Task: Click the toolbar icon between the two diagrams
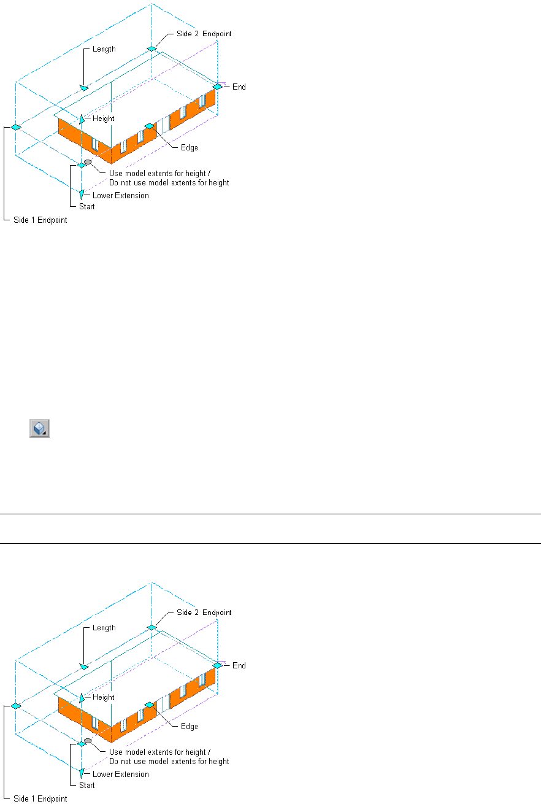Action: tap(39, 428)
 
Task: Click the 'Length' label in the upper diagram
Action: tap(104, 49)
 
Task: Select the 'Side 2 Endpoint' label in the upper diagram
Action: tap(204, 33)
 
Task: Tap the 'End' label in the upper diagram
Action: tap(239, 87)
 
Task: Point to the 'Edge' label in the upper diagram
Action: tap(189, 148)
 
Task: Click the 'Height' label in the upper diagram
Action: tap(103, 118)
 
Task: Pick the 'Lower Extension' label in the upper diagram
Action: tap(120, 196)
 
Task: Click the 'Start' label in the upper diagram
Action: tap(86, 207)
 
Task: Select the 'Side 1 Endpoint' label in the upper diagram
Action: tap(40, 220)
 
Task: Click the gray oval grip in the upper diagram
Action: tap(88, 162)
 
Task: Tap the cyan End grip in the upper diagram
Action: tap(217, 87)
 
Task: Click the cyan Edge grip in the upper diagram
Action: tap(149, 126)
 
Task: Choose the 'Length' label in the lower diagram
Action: tap(104, 628)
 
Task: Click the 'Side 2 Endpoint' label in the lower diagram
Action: tap(204, 612)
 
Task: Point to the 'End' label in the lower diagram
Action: tap(239, 666)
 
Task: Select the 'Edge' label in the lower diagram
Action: tap(189, 727)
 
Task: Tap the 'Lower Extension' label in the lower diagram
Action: tap(120, 775)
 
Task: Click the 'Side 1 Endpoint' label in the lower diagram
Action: tap(40, 799)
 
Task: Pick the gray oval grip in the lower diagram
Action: tap(88, 741)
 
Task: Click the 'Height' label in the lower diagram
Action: tap(103, 697)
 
